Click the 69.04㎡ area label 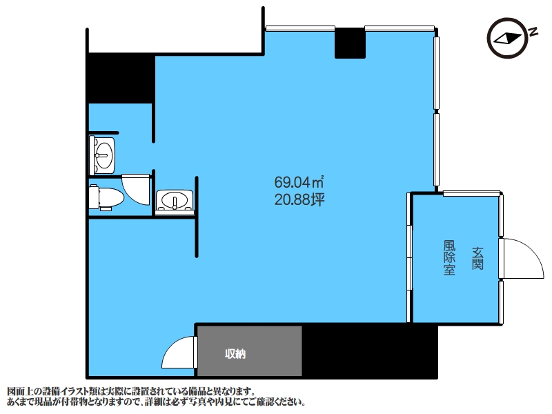(x=299, y=182)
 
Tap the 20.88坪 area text (x=299, y=200)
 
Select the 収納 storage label (x=235, y=354)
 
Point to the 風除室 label (x=449, y=257)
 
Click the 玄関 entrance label (x=477, y=258)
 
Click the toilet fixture (x=106, y=198)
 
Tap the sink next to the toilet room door (x=175, y=202)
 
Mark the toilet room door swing (x=136, y=189)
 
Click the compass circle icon (x=508, y=38)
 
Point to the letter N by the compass (x=533, y=32)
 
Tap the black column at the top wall (x=350, y=43)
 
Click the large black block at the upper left (x=120, y=78)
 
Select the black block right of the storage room (x=370, y=351)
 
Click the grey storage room (x=250, y=351)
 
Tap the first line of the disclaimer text (x=130, y=391)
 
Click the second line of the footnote (x=156, y=402)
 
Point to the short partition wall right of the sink (x=197, y=217)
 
